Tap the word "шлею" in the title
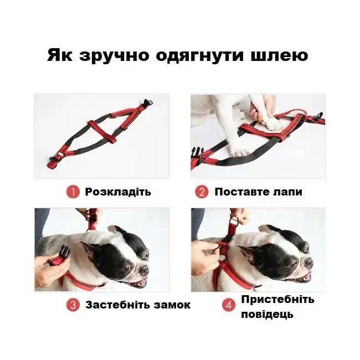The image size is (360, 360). point(279,55)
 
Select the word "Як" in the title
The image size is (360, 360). point(60,55)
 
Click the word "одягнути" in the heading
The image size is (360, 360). point(200,56)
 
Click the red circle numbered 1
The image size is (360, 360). point(73,192)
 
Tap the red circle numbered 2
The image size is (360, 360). point(202,192)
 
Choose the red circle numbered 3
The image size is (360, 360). point(73,305)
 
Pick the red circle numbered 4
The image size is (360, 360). point(229,305)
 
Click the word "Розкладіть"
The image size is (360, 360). point(118,192)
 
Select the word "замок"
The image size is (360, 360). point(172,305)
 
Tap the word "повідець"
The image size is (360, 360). point(268,314)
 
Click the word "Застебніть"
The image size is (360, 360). point(118,305)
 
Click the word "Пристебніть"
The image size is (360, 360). point(277,300)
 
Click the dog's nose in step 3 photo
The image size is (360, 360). point(143,269)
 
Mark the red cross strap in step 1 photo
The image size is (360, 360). point(102,131)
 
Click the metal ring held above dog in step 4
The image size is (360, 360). point(234,222)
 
